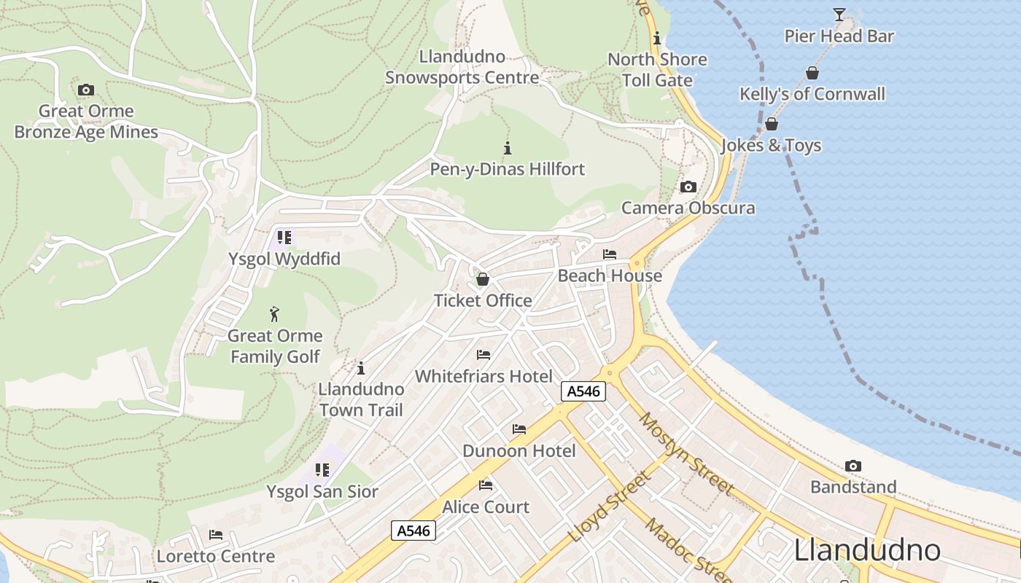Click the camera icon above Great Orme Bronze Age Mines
[x=86, y=90]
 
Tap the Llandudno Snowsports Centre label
[x=462, y=67]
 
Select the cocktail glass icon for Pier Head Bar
[x=839, y=15]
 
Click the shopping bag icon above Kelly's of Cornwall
[x=812, y=73]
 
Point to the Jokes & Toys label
[x=771, y=145]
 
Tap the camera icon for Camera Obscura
[x=688, y=187]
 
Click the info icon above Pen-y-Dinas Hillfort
[x=508, y=148]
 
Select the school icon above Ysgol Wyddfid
[x=284, y=238]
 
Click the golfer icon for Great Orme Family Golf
[x=274, y=314]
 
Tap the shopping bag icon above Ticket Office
[x=483, y=279]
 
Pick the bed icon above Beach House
[x=610, y=254]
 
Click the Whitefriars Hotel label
[x=484, y=376]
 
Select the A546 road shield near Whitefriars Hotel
[x=583, y=391]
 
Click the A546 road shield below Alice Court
[x=414, y=531]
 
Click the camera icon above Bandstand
[x=853, y=466]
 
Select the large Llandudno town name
[x=867, y=549]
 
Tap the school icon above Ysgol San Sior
[x=322, y=470]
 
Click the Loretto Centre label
[x=216, y=556]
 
